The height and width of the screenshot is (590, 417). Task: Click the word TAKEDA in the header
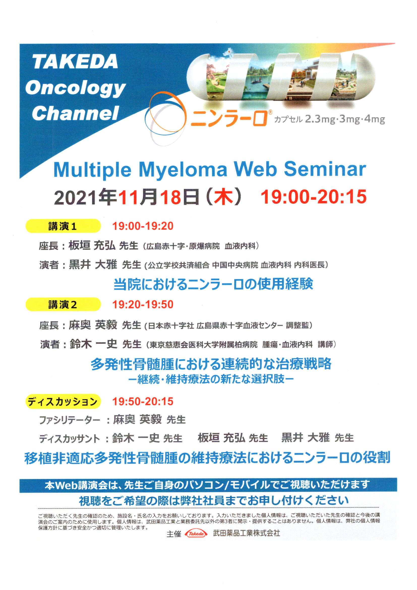coord(75,62)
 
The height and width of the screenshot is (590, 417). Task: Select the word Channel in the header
coord(75,113)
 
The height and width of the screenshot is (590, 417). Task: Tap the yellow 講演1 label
coord(63,226)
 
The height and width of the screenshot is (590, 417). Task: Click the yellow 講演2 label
coord(63,305)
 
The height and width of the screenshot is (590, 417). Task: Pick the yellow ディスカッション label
coord(63,401)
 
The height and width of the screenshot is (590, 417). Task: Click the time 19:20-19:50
coord(143,305)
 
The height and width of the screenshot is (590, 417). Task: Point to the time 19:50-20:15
coord(143,401)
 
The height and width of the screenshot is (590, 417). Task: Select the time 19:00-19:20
coord(143,226)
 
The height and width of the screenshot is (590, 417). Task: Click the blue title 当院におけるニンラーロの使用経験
coord(213,284)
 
